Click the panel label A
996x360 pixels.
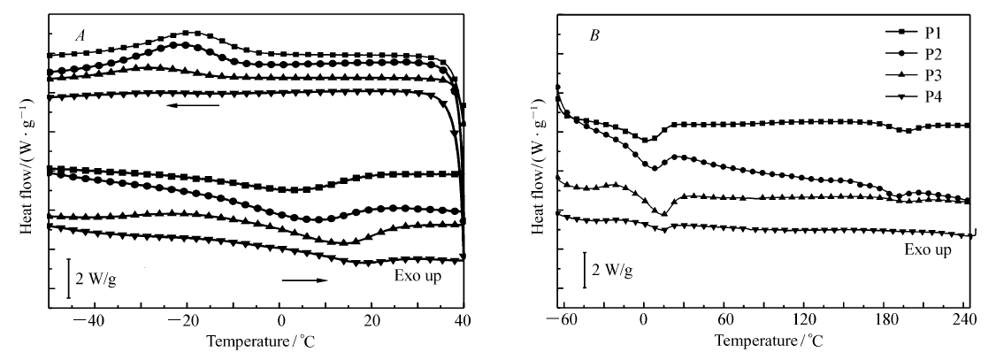(x=80, y=36)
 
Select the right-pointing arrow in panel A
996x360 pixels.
(x=304, y=280)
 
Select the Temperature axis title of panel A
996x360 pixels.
(x=253, y=341)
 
